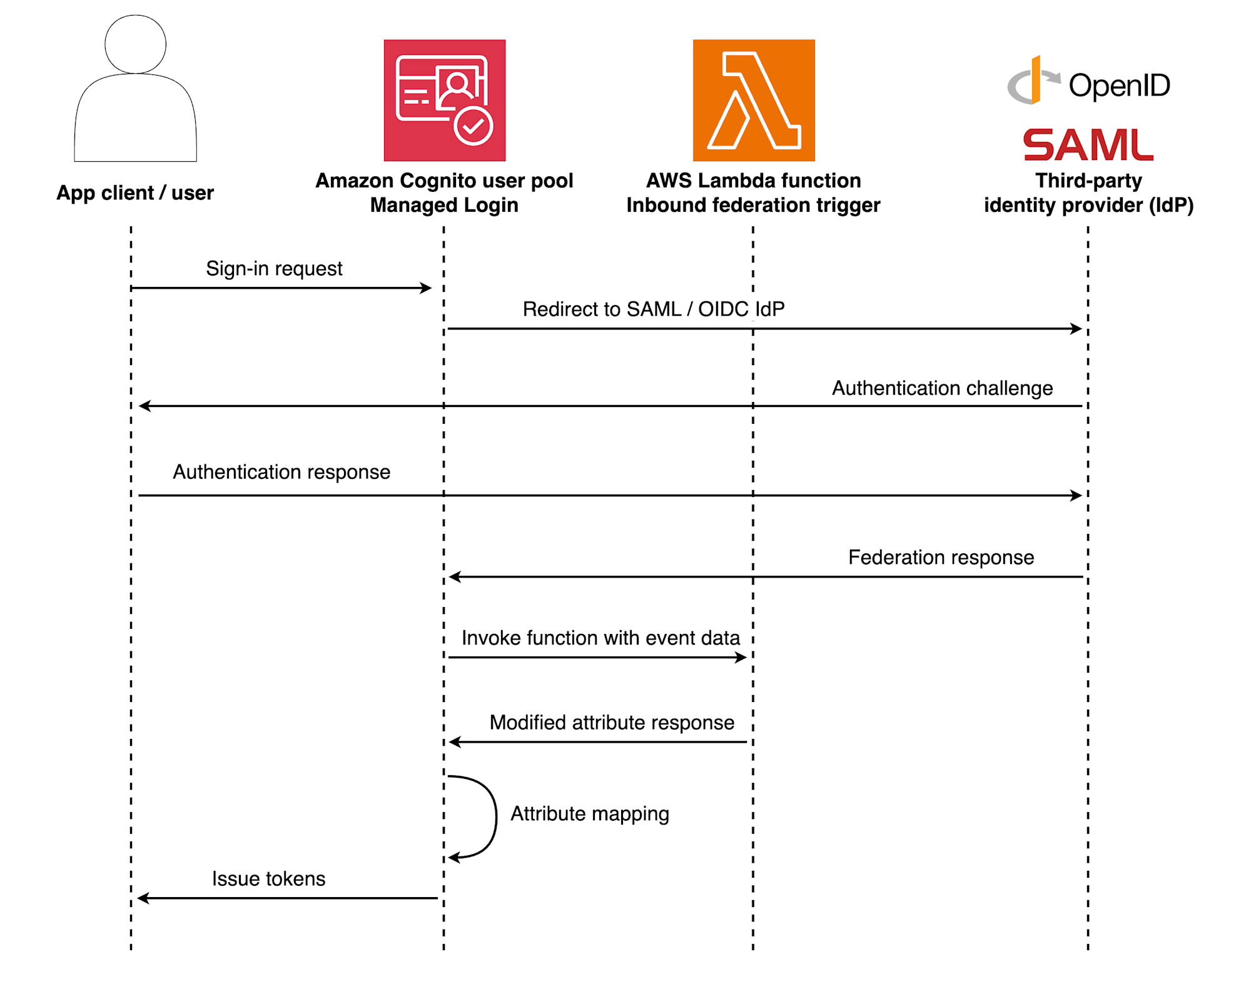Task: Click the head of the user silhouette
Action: point(135,44)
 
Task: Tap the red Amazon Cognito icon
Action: point(444,100)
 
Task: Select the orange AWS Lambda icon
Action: point(753,100)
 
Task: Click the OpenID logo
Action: point(1088,84)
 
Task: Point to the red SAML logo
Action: point(1088,144)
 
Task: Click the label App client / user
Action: point(135,193)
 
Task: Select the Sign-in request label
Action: point(274,268)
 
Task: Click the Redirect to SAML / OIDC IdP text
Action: point(653,309)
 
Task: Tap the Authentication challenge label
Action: point(942,388)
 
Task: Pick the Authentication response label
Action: point(281,472)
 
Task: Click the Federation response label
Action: point(941,557)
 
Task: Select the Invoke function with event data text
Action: point(600,638)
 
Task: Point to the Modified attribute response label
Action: point(612,723)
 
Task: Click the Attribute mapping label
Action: point(589,813)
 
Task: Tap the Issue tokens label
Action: point(268,878)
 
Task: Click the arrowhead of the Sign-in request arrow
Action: point(427,288)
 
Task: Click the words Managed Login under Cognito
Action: point(444,205)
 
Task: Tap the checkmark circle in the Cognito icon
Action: point(473,126)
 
